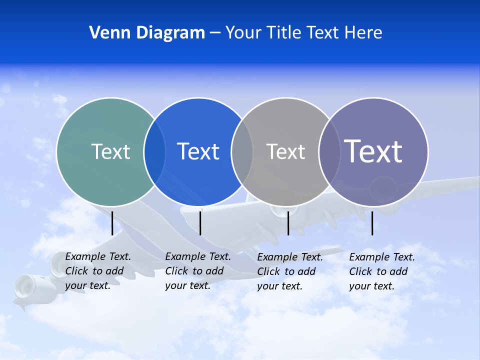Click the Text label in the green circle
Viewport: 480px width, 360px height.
[x=110, y=151]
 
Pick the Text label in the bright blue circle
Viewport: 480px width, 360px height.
[x=198, y=151]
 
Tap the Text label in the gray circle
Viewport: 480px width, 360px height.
[x=285, y=151]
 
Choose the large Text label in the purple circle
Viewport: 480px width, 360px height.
[x=373, y=151]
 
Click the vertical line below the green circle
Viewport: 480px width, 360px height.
[x=112, y=223]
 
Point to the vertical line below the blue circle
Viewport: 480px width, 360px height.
[x=200, y=223]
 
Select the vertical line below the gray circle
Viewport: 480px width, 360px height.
[x=288, y=223]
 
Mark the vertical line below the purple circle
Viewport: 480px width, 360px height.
[x=372, y=223]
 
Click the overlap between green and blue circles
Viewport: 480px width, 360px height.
[x=155, y=152]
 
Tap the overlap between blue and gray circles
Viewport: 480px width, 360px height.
[x=242, y=152]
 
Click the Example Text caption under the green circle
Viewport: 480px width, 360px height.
[x=97, y=271]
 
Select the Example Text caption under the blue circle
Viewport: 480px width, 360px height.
[x=197, y=271]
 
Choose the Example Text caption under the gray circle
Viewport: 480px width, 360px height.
[x=289, y=271]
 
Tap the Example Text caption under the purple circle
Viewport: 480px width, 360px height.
[x=381, y=271]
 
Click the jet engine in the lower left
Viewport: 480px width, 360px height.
[x=25, y=289]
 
